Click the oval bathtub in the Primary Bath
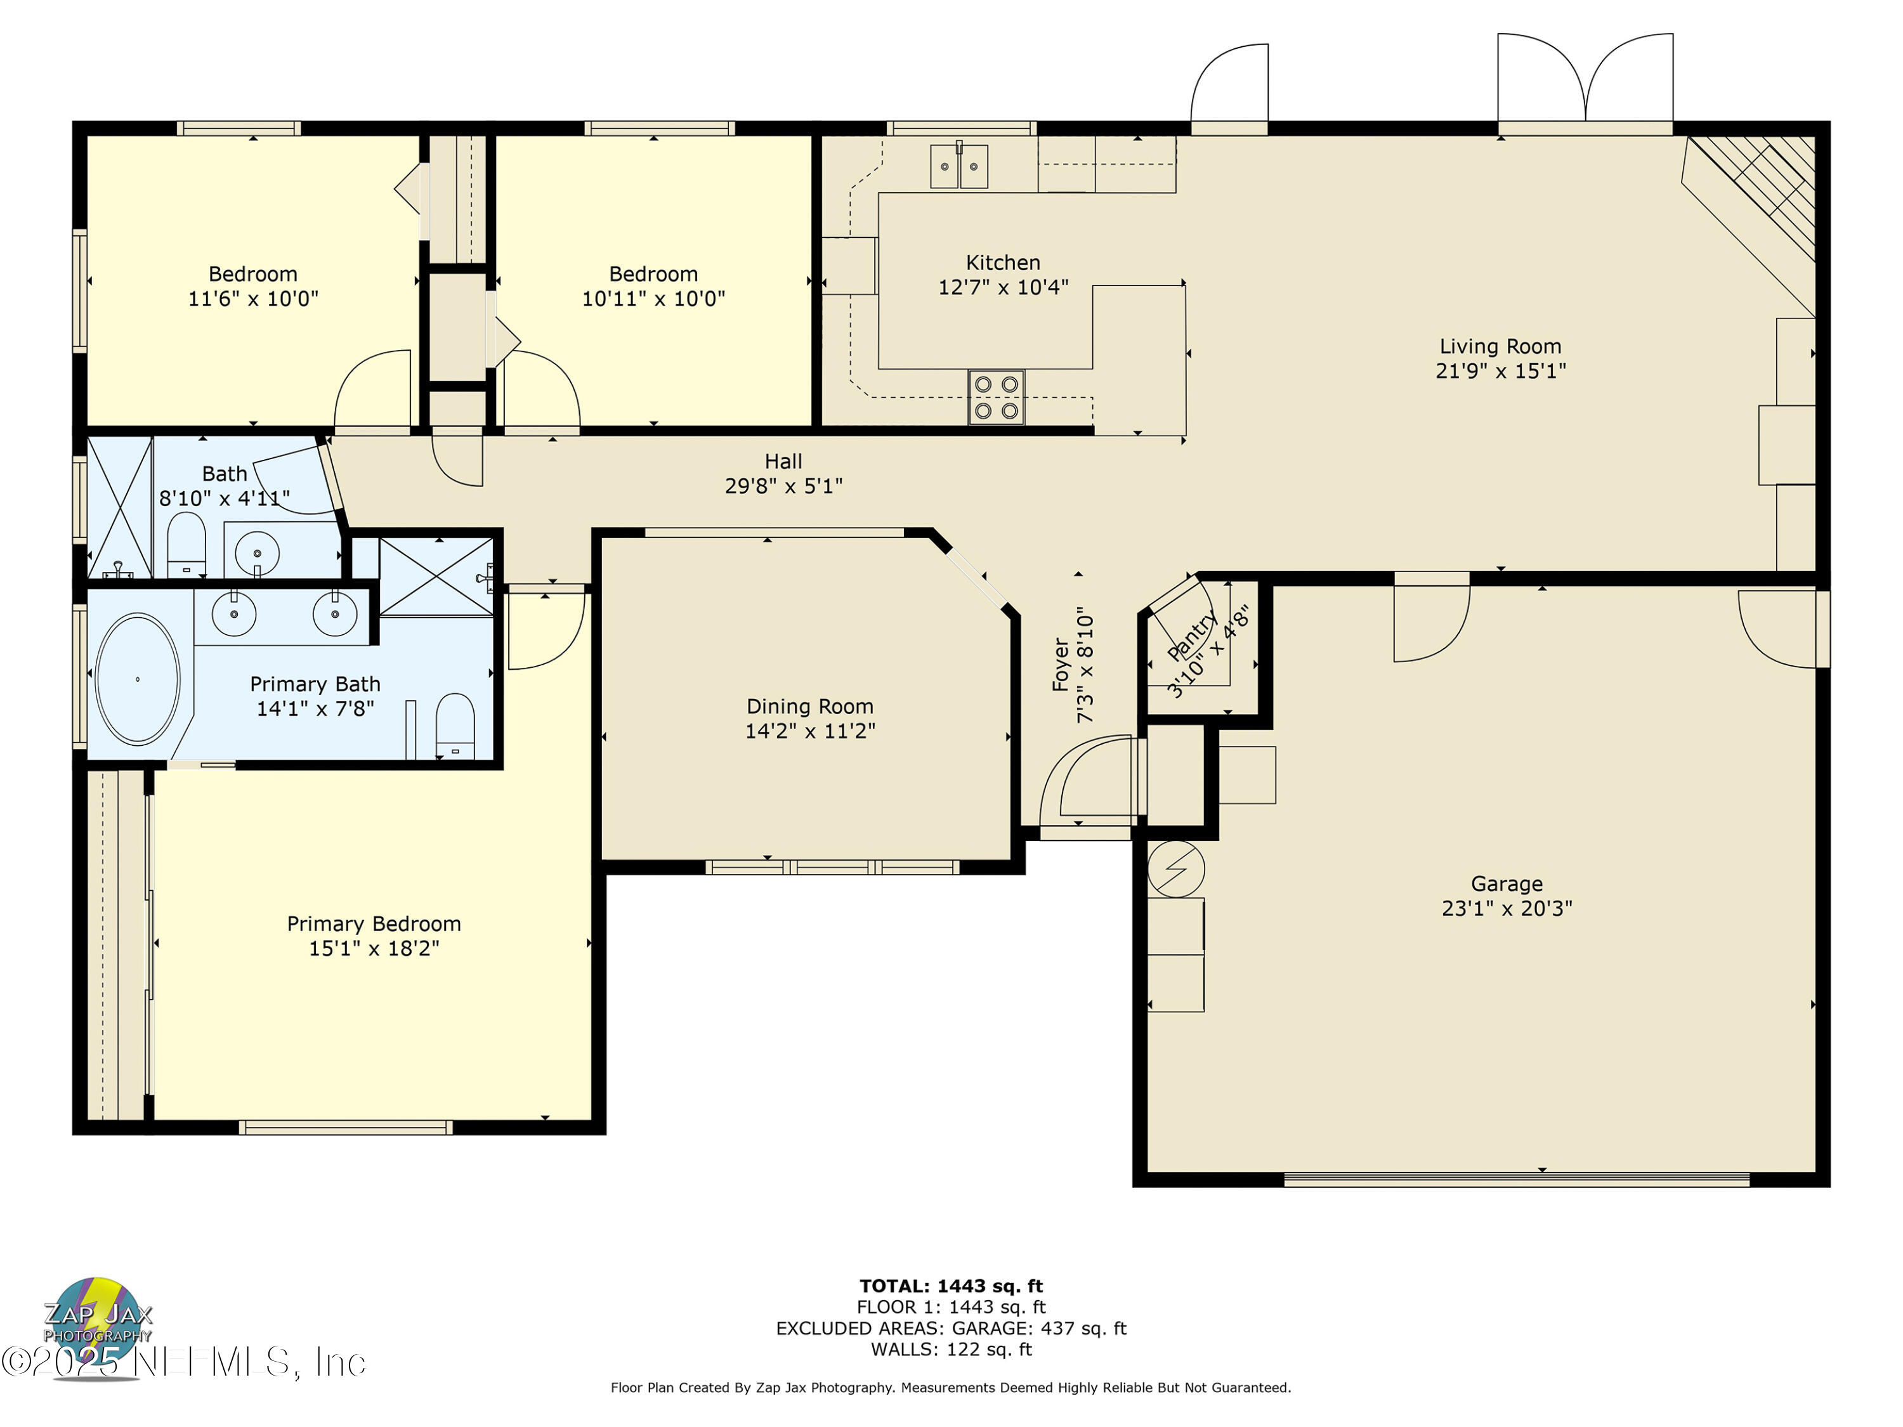138,679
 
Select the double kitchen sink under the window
958,166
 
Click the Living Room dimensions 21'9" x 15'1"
1500,371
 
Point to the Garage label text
1507,883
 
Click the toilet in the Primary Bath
455,725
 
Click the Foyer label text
1061,665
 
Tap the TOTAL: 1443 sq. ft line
951,1286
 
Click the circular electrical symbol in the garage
1175,870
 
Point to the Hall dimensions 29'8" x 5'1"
783,486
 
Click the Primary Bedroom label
374,924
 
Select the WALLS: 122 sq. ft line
951,1349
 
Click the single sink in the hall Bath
256,549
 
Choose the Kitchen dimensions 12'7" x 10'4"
1002,287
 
